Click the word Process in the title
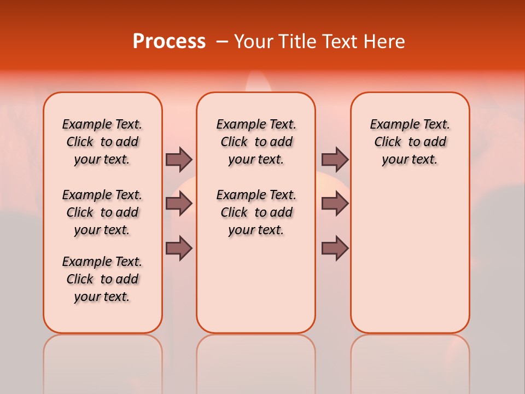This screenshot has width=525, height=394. click(x=169, y=41)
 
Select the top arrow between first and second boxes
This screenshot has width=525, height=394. click(x=179, y=159)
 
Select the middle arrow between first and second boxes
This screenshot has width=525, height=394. click(x=179, y=204)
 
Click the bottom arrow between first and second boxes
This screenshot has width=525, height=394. click(x=179, y=248)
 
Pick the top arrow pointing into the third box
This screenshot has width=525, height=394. click(x=335, y=159)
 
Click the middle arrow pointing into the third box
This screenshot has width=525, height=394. click(x=335, y=204)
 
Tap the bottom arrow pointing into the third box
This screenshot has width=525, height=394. click(x=335, y=248)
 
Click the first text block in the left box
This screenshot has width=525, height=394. click(x=102, y=142)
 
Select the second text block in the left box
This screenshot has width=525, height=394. click(x=102, y=212)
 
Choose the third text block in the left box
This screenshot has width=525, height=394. click(x=102, y=279)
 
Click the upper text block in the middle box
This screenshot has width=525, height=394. click(x=256, y=142)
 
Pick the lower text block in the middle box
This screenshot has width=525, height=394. click(x=256, y=212)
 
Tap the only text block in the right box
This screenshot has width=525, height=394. click(x=410, y=142)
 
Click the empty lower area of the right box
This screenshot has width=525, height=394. click(x=410, y=263)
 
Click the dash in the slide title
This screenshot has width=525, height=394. click(x=221, y=41)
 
